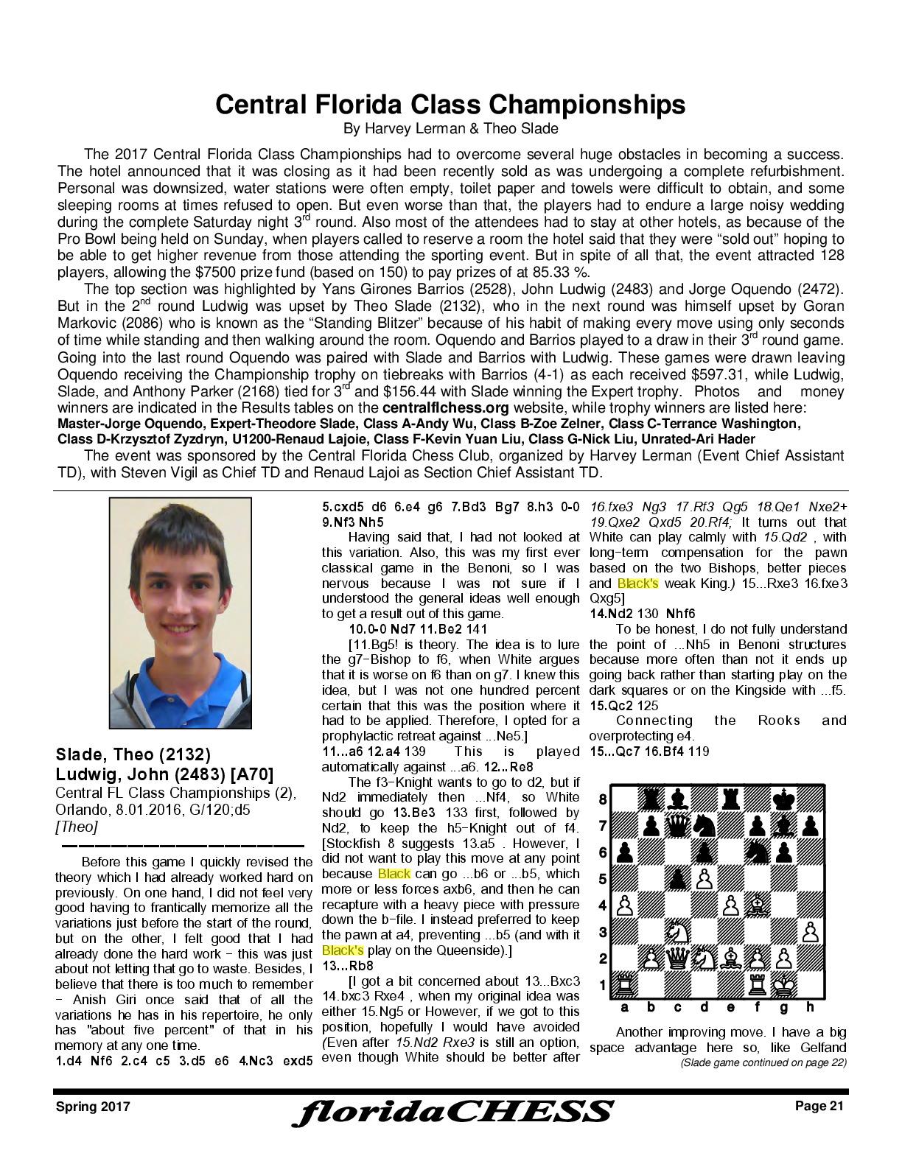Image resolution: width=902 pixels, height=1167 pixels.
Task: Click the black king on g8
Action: coord(783,799)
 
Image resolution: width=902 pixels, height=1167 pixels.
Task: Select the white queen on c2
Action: coord(676,959)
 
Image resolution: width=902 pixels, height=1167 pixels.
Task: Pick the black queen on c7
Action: coord(676,826)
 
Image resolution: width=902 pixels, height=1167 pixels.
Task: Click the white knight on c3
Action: coord(676,932)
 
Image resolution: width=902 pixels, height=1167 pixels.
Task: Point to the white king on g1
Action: coord(783,984)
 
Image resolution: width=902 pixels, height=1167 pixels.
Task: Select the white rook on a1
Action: coord(625,984)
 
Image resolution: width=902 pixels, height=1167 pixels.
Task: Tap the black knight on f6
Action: coord(757,852)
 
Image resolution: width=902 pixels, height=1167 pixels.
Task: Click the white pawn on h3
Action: coord(809,932)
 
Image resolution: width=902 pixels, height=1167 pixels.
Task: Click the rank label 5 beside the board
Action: coord(602,879)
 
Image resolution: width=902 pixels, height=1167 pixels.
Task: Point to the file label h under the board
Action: coord(810,1007)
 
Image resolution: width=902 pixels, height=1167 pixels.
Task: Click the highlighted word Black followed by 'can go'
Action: coord(394,874)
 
